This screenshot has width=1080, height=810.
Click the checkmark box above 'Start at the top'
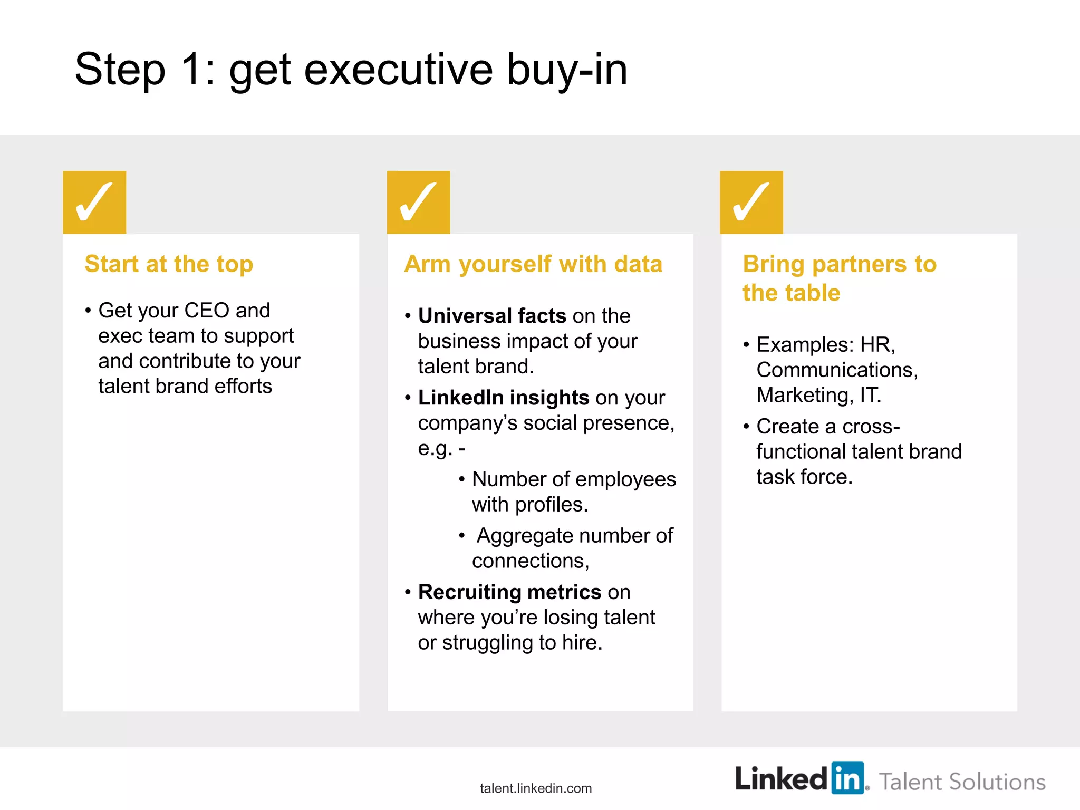94,202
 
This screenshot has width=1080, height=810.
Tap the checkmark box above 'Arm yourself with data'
418,202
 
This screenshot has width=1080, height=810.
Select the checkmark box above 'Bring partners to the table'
751,202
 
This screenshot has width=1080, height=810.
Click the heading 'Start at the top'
169,264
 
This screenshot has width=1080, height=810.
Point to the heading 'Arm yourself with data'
533,264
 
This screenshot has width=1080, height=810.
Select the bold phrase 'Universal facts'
492,316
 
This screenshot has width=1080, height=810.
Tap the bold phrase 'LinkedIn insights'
503,398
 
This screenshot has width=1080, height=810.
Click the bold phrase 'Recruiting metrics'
509,592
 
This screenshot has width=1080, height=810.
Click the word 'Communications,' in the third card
837,370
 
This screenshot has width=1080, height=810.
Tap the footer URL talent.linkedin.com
536,788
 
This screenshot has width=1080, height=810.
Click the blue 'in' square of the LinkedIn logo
847,778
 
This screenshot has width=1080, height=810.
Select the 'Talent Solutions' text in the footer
962,782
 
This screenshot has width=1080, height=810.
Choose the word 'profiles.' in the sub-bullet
552,505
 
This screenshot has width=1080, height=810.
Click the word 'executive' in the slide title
399,70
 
